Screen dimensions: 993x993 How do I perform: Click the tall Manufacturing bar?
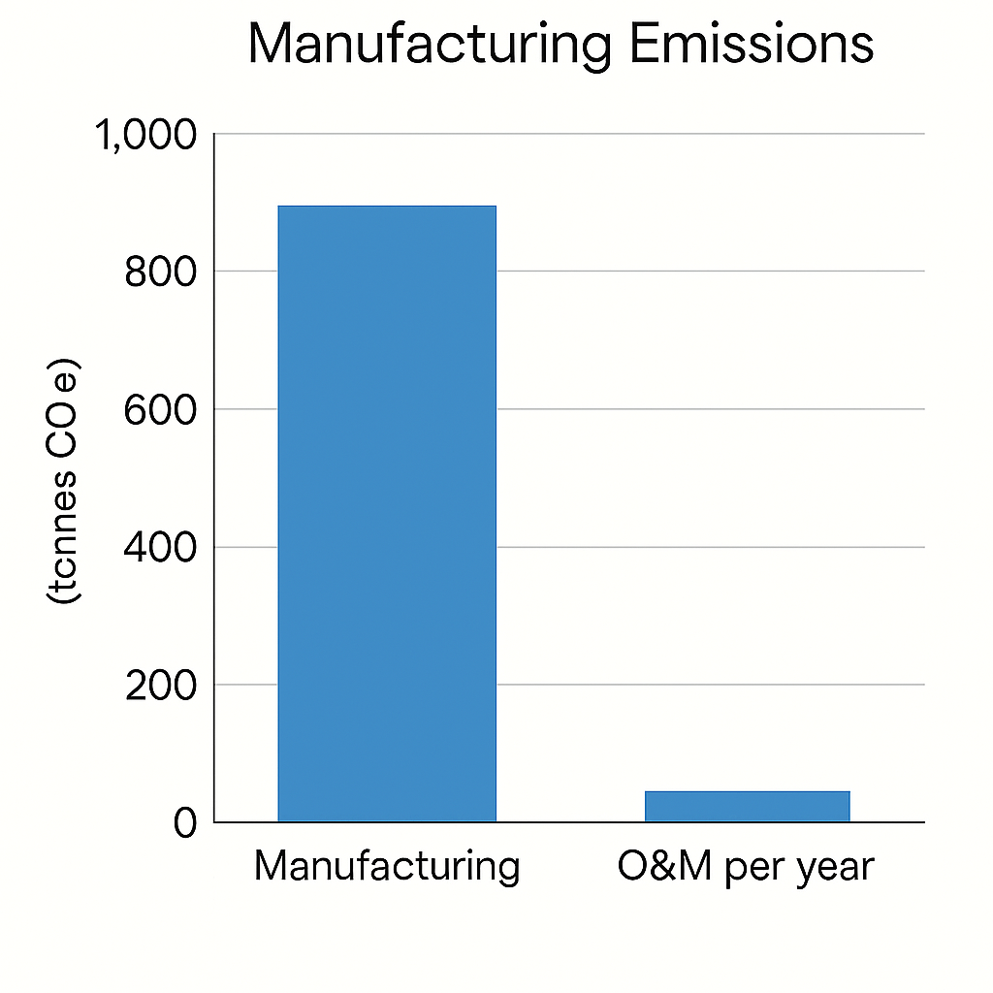click(x=387, y=514)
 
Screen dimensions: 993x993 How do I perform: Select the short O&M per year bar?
click(x=747, y=807)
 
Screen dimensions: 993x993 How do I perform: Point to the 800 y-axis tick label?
click(x=161, y=272)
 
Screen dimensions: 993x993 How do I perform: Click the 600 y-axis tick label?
click(x=161, y=410)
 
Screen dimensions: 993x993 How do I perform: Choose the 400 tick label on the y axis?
click(x=161, y=548)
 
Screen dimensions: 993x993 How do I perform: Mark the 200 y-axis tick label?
click(x=161, y=686)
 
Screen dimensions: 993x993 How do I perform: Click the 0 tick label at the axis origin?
click(x=185, y=823)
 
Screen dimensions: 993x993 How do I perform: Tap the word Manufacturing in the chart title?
click(x=430, y=46)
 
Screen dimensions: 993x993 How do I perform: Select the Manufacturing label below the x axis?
click(x=387, y=866)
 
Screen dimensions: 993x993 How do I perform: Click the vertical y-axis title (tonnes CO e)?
click(x=66, y=482)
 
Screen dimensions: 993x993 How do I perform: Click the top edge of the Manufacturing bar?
click(x=387, y=207)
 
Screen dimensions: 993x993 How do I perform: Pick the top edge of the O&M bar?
click(x=747, y=792)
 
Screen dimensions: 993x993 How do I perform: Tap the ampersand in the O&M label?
click(x=661, y=865)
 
